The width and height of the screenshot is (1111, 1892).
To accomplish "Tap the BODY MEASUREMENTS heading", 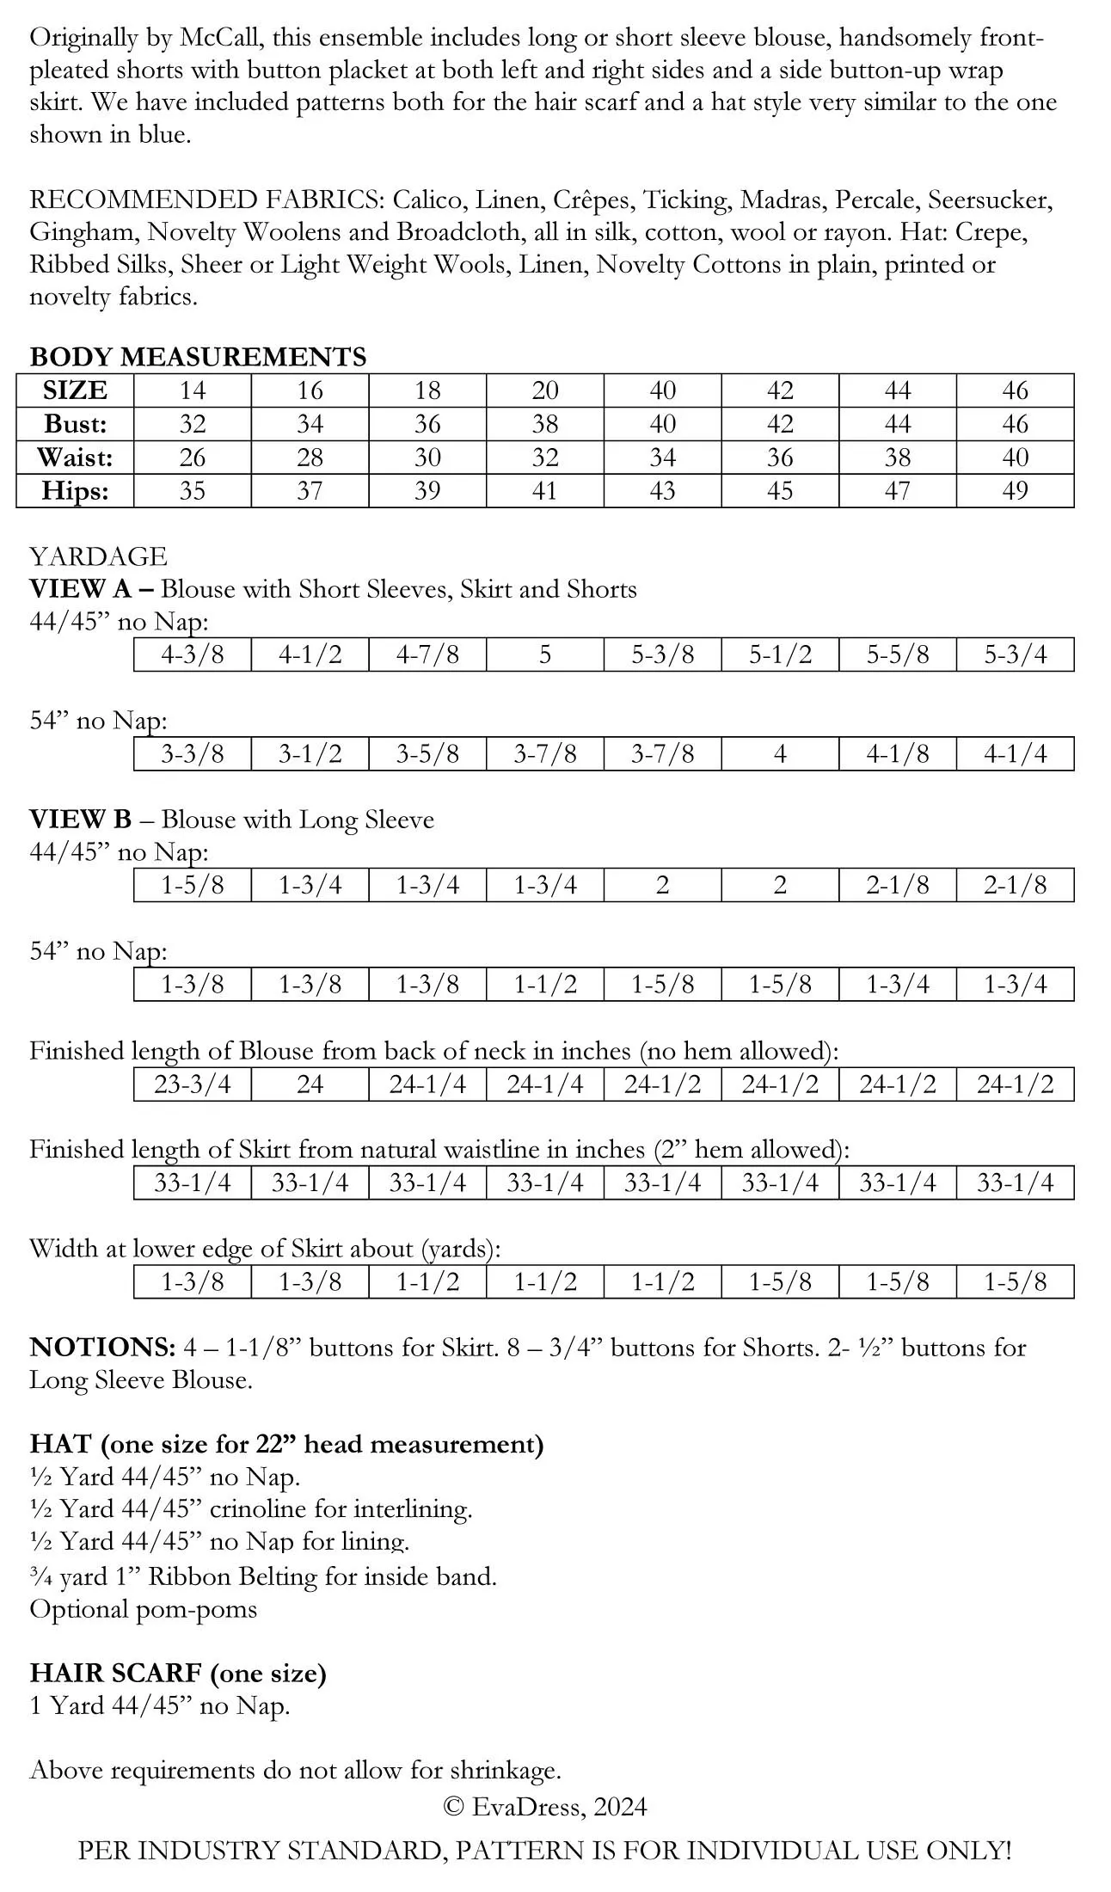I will (x=198, y=357).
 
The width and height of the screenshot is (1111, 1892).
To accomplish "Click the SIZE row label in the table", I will (x=75, y=390).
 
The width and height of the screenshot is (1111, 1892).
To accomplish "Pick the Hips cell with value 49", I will (x=1015, y=491).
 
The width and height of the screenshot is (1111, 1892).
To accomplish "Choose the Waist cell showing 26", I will (x=192, y=458).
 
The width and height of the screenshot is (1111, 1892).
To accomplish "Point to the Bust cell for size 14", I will (x=192, y=424).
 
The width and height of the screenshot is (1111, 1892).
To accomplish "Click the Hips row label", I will (x=75, y=491).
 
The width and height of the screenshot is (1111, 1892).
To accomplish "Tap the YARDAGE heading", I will (x=98, y=556).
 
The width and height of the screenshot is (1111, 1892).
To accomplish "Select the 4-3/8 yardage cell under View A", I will (x=192, y=655).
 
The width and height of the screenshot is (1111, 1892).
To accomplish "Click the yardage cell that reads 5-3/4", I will (x=1015, y=655).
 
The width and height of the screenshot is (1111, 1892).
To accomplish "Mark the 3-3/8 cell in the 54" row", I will (x=192, y=754).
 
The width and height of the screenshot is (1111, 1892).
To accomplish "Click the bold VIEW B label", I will (x=80, y=820).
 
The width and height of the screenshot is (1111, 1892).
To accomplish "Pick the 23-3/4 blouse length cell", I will (x=192, y=1084).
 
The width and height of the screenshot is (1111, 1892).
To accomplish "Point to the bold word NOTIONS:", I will (x=102, y=1348).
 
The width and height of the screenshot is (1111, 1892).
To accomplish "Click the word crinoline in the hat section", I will (x=257, y=1509).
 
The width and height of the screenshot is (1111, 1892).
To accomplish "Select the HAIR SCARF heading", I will (x=115, y=1673).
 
